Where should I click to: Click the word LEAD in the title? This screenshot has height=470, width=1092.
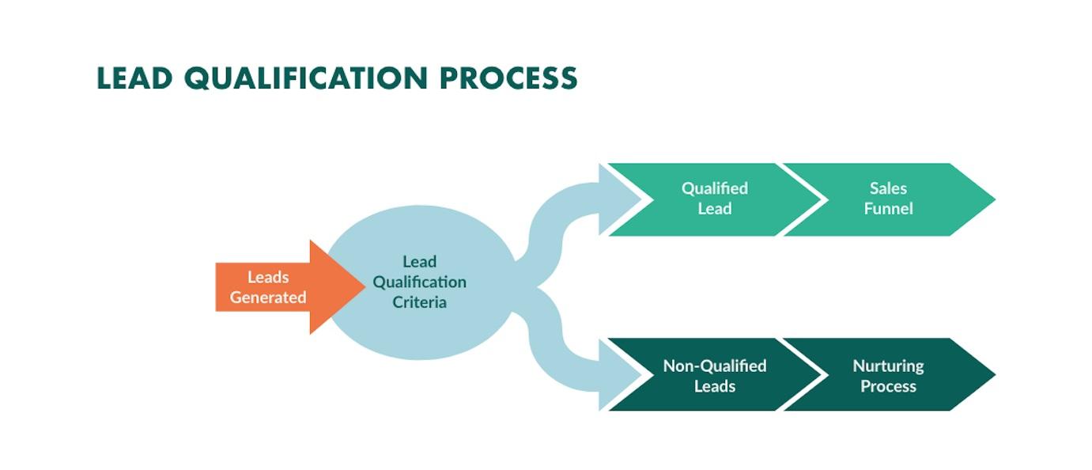point(134,78)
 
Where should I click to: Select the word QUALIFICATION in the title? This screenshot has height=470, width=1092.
point(306,79)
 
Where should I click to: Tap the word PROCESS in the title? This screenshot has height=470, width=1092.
point(508,78)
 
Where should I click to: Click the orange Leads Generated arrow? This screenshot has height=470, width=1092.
point(290,287)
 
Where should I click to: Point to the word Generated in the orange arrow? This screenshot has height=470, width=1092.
point(268,298)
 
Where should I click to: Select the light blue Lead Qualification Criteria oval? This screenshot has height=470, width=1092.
point(420,282)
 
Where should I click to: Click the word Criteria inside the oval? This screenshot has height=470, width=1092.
point(419,302)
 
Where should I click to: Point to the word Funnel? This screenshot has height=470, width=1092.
point(888,209)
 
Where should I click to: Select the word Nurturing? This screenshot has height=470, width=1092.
point(888,366)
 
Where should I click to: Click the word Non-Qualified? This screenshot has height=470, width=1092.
point(715,366)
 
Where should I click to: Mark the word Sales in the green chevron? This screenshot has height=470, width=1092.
point(888,188)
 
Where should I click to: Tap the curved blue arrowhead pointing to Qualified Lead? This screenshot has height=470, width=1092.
point(619,199)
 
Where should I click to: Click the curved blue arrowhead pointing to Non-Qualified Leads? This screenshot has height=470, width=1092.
point(619,375)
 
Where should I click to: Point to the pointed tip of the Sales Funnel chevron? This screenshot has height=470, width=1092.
point(995,199)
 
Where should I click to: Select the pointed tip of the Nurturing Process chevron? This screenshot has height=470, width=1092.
point(995,375)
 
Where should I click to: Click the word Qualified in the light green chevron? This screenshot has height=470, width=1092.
point(715,188)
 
